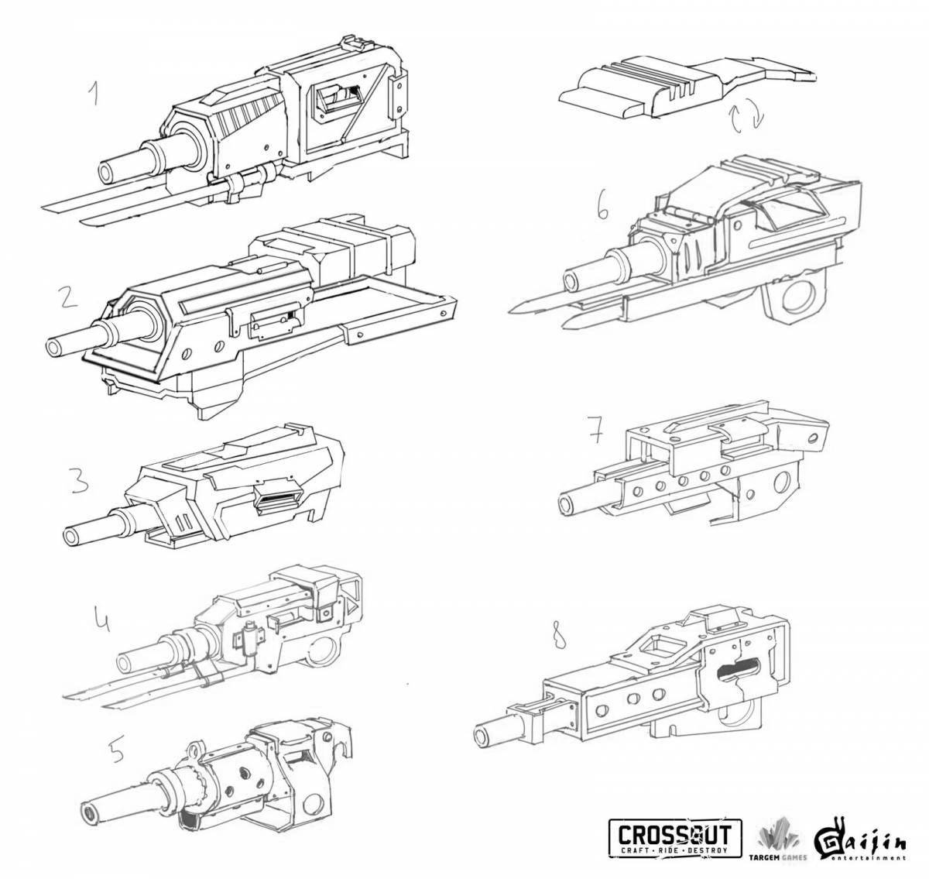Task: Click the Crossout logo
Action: [675, 839]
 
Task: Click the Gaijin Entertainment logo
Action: [859, 839]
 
